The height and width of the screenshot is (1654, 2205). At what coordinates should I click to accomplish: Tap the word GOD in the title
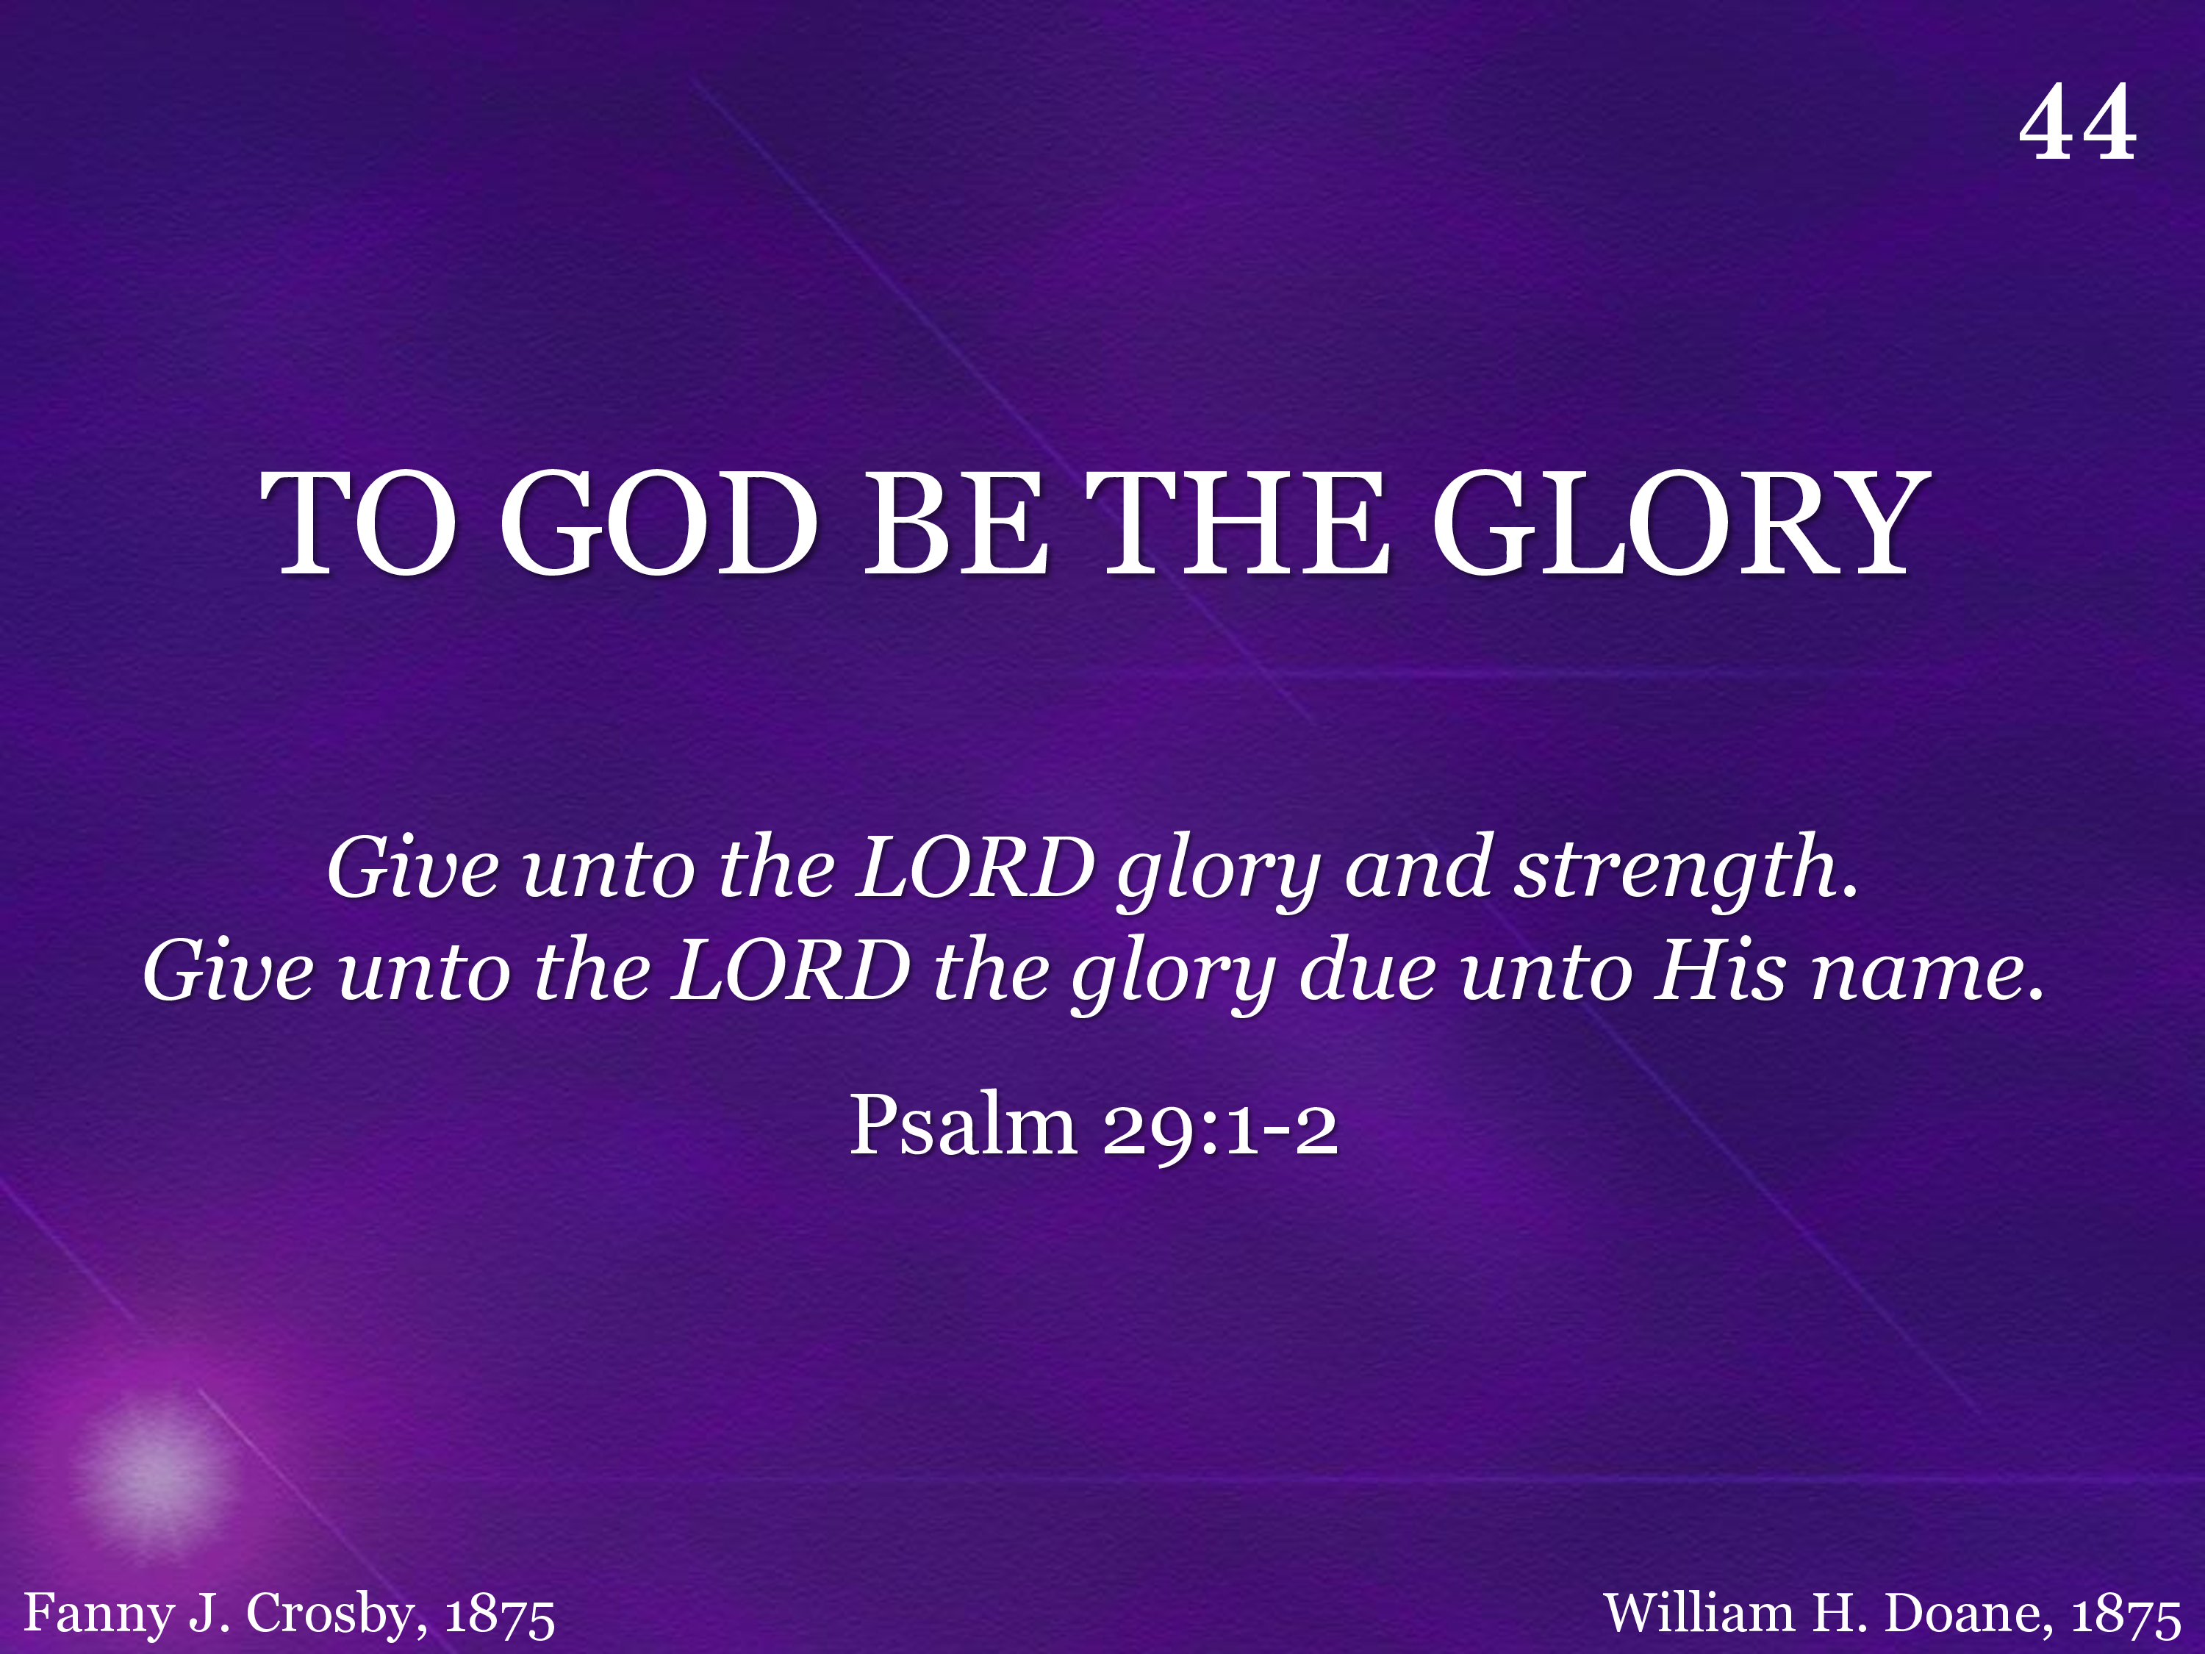[x=658, y=523]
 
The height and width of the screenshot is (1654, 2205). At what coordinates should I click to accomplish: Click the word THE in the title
[x=1237, y=523]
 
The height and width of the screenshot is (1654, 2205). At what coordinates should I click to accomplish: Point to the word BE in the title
[x=955, y=523]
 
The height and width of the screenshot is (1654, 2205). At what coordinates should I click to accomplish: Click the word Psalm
[x=963, y=1123]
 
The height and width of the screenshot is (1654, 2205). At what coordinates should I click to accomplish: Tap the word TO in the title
[x=358, y=523]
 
